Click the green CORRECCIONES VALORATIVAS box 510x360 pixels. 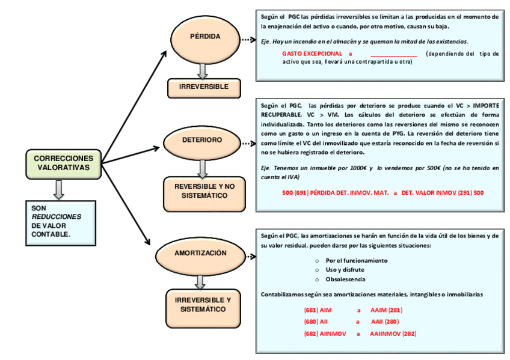63,164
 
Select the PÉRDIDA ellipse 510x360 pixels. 205,39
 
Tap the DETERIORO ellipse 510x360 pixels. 202,143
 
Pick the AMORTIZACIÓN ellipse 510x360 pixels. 200,257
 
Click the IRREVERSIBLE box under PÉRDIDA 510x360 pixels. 204,88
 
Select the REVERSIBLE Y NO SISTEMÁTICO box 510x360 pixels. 204,194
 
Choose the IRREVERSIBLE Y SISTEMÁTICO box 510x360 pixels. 203,308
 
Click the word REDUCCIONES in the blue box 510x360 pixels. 57,217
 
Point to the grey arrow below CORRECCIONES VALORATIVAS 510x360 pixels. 58,190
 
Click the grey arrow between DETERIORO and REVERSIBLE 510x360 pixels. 202,169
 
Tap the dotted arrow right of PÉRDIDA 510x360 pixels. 248,40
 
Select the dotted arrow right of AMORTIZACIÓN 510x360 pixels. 251,257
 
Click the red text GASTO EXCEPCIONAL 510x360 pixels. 312,53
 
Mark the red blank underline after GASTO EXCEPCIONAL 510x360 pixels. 394,56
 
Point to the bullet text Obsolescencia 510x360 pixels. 345,279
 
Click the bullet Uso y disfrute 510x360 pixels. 345,270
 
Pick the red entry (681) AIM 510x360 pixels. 318,310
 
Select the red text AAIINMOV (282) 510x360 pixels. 393,334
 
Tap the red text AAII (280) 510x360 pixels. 385,322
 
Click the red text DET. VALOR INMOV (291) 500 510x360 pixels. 443,193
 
